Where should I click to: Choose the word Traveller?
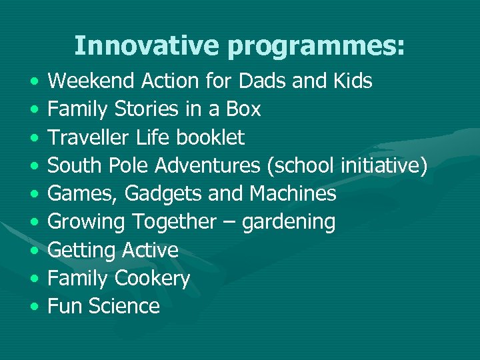[x=90, y=137]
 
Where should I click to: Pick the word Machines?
[x=293, y=193]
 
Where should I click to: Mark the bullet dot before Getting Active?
[x=33, y=251]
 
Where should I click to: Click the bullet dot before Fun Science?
[x=33, y=307]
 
